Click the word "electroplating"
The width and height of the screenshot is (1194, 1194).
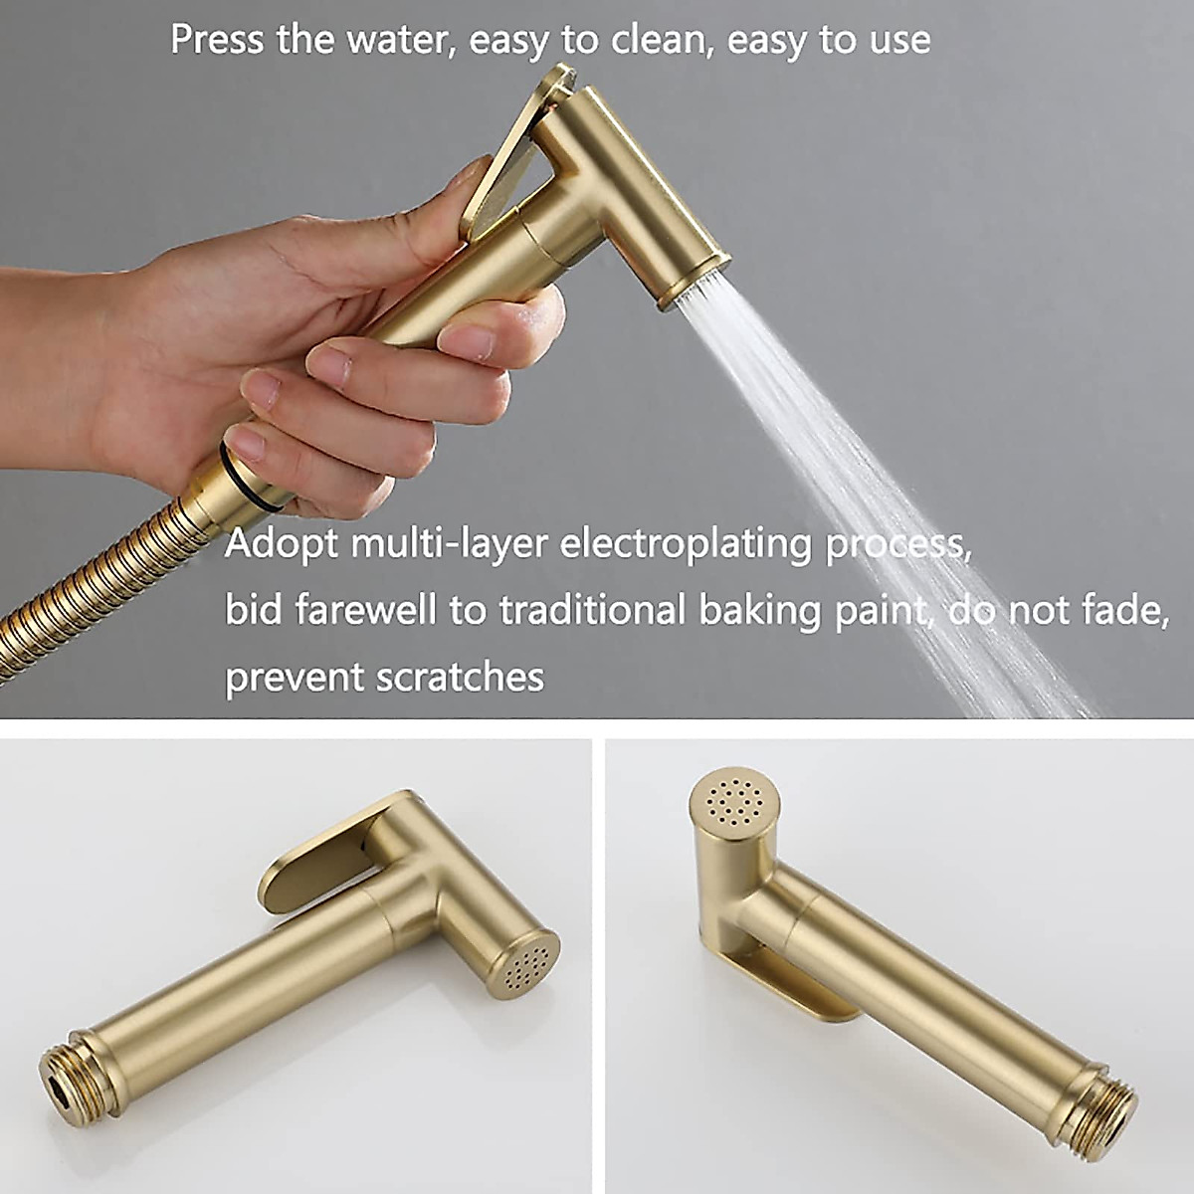[x=690, y=544]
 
